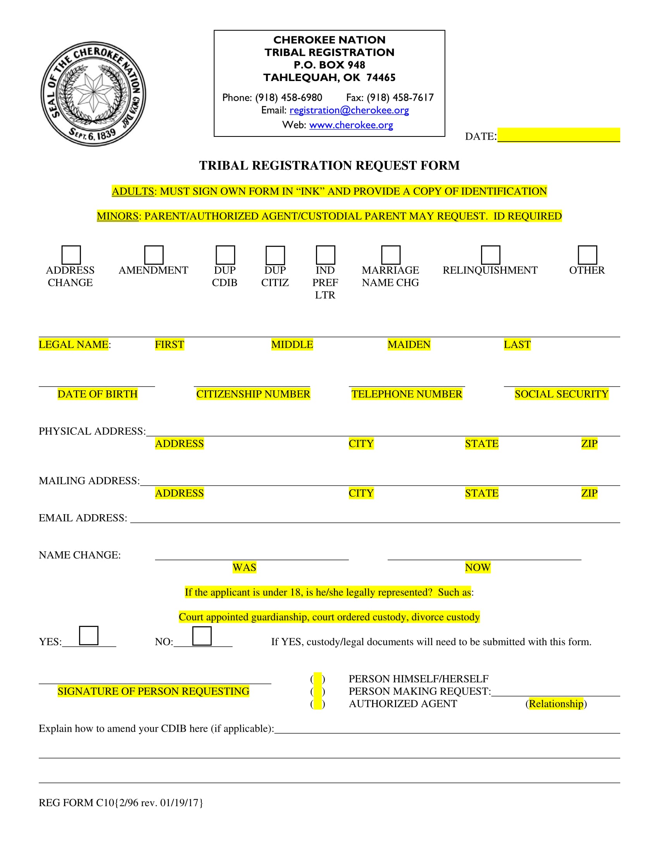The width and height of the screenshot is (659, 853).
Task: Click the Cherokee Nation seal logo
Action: tap(93, 94)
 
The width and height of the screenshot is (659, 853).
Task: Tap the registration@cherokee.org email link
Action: tap(349, 110)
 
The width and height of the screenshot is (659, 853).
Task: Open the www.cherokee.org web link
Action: tap(351, 125)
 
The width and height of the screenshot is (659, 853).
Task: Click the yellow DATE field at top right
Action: tap(558, 135)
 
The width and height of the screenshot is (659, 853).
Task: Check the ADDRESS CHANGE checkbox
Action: tap(71, 255)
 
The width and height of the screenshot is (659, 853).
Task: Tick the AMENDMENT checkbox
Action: tap(154, 255)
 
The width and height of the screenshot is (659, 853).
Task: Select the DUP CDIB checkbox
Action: tap(225, 255)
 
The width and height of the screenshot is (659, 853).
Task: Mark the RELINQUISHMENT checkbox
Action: tap(490, 255)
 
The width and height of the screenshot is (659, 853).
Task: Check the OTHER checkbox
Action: tap(587, 255)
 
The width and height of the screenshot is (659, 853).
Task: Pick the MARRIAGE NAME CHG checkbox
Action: tap(391, 255)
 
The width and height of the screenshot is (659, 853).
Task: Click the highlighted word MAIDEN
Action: tap(409, 344)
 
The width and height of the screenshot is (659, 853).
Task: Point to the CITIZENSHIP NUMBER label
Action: tap(253, 394)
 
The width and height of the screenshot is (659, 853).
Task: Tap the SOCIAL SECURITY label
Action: tap(561, 394)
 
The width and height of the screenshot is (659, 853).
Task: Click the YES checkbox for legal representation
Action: tap(89, 635)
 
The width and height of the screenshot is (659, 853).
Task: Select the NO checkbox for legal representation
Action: tap(202, 636)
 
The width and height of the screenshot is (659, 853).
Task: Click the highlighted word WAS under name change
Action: tap(244, 568)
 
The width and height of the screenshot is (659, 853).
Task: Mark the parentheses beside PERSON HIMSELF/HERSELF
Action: tap(318, 679)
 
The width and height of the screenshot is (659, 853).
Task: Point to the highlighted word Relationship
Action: tap(556, 704)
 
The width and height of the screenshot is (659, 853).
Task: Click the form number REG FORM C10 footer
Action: tap(120, 803)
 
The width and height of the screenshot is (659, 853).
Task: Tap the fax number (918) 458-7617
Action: tap(400, 98)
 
